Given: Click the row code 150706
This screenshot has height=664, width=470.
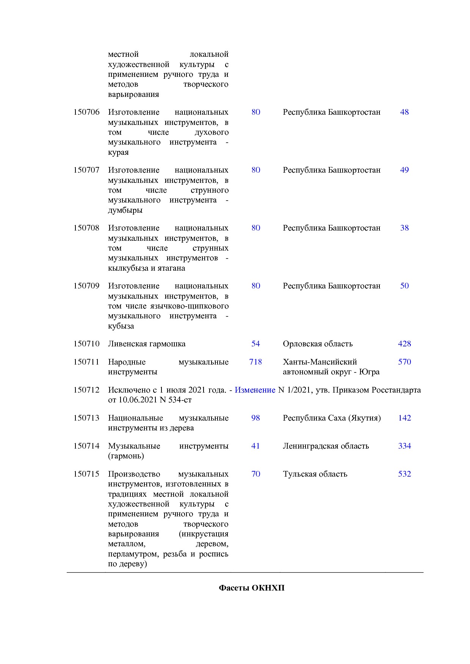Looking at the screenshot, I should click(x=86, y=112).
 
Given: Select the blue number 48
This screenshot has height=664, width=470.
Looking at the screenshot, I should click(x=404, y=112).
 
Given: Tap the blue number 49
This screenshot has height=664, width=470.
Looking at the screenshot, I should click(x=404, y=170).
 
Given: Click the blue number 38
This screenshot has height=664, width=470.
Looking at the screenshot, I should click(x=404, y=228).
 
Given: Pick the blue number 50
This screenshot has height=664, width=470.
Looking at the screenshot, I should click(x=404, y=286).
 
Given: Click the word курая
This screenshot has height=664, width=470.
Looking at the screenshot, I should click(x=118, y=152).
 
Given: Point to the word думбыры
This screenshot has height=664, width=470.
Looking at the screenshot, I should click(x=125, y=210).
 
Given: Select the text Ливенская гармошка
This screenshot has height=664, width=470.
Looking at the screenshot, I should click(x=147, y=344).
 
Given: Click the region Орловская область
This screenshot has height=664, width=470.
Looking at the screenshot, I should click(x=318, y=344).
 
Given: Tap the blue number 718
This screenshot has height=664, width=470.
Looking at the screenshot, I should click(x=255, y=362).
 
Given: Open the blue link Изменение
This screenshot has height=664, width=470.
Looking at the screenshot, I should click(x=255, y=390).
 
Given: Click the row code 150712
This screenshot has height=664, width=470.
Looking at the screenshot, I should click(x=86, y=390).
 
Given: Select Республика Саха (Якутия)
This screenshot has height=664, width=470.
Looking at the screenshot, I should click(x=332, y=418).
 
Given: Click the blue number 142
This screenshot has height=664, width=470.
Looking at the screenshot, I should click(x=404, y=418).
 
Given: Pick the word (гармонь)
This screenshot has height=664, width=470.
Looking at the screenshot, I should click(x=126, y=456).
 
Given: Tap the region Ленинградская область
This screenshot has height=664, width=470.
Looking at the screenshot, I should click(x=326, y=446).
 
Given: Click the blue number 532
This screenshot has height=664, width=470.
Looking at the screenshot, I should click(x=404, y=474).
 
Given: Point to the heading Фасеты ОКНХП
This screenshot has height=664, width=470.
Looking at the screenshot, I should click(x=252, y=588).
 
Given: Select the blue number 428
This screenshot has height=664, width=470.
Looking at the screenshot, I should click(x=404, y=344).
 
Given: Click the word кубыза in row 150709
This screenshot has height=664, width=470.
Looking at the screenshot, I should click(x=121, y=326).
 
